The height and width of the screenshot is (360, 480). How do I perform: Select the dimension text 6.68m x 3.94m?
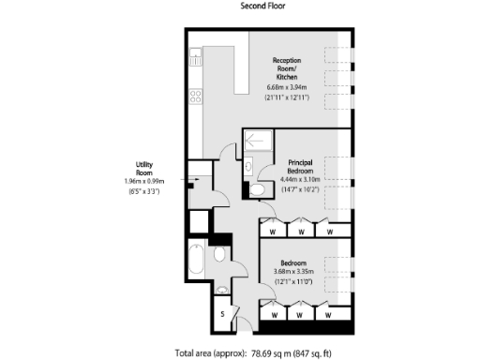click(x=287, y=87)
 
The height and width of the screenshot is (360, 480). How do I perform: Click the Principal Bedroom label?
click(x=300, y=166)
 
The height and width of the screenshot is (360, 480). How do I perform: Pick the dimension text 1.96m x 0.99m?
click(x=143, y=181)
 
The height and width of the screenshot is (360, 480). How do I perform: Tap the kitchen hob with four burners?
click(x=196, y=96)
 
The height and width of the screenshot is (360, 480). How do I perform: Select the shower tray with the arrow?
click(x=259, y=141)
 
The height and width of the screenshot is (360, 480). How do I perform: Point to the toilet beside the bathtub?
click(x=220, y=254)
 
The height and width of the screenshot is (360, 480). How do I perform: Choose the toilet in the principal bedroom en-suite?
click(x=257, y=189)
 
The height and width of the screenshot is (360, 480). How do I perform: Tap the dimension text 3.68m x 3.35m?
click(x=293, y=272)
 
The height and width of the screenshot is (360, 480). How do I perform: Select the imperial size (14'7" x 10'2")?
click(x=300, y=189)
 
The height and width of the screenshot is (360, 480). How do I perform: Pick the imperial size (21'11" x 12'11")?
click(x=287, y=97)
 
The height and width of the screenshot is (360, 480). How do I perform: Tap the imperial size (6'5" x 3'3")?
click(x=143, y=191)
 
